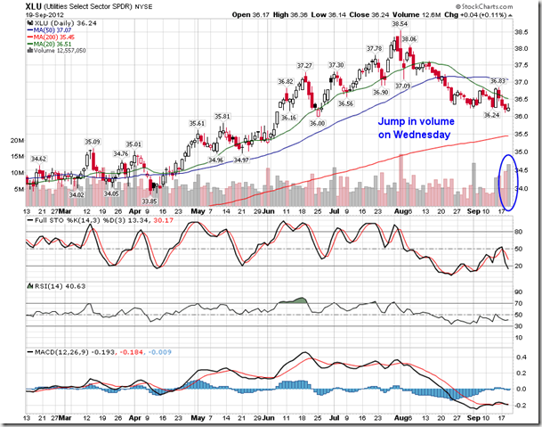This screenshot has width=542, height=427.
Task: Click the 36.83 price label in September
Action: point(498,81)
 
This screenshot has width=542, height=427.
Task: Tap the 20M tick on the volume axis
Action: point(16,141)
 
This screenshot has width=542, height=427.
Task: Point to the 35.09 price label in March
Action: point(93,141)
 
